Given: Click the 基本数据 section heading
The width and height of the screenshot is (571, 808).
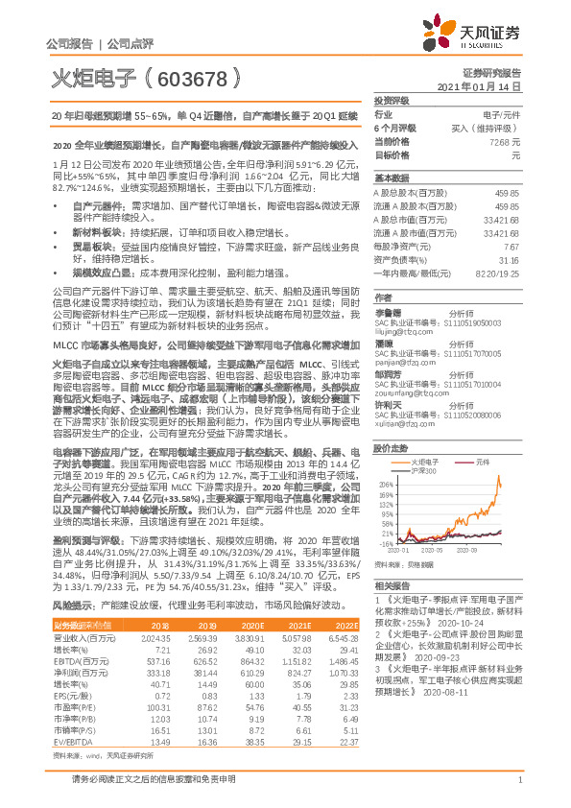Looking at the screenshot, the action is [392, 178].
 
